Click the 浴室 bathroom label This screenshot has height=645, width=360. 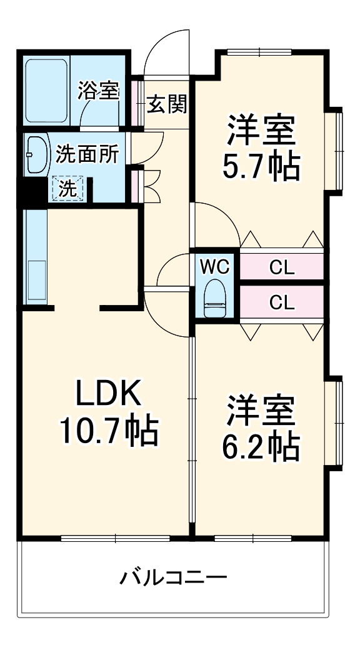[99, 91]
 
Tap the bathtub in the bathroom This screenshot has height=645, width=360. [46, 91]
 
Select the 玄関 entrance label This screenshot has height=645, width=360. [167, 104]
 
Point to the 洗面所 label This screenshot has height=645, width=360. [86, 154]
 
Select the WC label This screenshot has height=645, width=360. [216, 267]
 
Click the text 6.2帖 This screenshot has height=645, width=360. [261, 444]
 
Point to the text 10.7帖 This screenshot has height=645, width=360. [109, 430]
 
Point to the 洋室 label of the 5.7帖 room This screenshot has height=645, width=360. [261, 129]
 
